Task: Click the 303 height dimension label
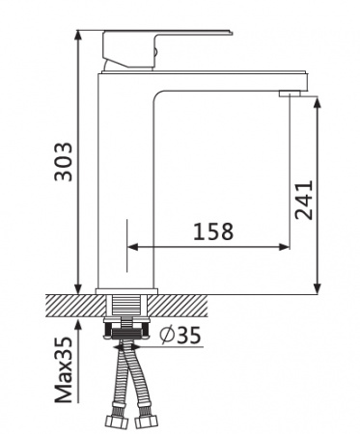(64, 162)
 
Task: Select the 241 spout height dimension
(304, 200)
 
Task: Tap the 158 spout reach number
(213, 231)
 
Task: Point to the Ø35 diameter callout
(180, 335)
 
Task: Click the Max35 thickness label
(64, 370)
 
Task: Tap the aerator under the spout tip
(290, 94)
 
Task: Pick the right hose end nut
(146, 421)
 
